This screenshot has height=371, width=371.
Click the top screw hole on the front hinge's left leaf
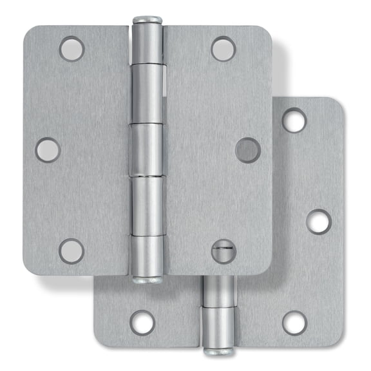pos(71,49)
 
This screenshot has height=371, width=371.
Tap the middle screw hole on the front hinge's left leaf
pos(48,150)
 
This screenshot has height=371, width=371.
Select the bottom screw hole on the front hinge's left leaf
pos(71,251)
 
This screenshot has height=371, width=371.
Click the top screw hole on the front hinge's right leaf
pos(224,49)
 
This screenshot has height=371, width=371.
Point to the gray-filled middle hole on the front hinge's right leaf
pos(247,150)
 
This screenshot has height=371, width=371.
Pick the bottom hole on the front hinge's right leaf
pos(224,251)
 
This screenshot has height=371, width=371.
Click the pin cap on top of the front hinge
pos(147,20)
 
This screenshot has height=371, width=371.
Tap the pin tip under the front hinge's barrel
pos(147,280)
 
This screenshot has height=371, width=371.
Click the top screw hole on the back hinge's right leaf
pos(294,120)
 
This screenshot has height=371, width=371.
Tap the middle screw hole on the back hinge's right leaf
pos(318,222)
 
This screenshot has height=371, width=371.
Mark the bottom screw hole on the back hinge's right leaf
pos(294,323)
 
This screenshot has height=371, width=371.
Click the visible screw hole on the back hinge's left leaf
pos(142,323)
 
